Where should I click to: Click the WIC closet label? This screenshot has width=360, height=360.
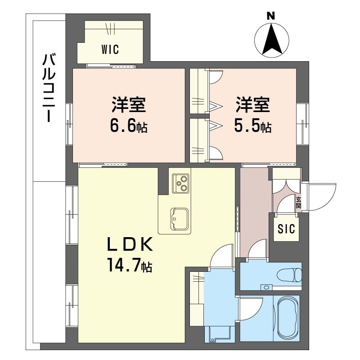(110, 49)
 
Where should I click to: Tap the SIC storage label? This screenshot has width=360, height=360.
(286, 229)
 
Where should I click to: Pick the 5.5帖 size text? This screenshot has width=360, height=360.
(252, 126)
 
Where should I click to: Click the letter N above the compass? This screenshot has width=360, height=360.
(271, 16)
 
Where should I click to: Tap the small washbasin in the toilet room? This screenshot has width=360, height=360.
(267, 287)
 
